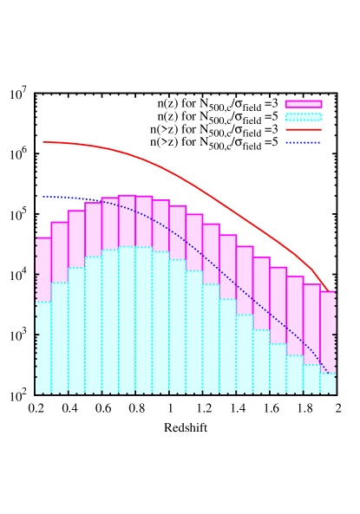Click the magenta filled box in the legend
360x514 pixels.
tap(303, 104)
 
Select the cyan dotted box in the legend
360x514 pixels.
tap(303, 117)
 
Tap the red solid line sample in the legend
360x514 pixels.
tap(303, 129)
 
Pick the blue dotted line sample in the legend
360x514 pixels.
tap(303, 142)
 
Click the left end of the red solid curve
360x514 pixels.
tap(43, 142)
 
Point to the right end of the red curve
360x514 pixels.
tap(329, 290)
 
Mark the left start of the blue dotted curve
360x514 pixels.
tap(43, 196)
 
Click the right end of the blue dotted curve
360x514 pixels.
tap(329, 373)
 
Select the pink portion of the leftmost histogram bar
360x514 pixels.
tap(43, 269)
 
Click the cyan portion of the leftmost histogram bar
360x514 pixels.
tap(43, 347)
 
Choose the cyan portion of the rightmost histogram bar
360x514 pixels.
tap(328, 383)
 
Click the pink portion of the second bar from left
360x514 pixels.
tap(60, 251)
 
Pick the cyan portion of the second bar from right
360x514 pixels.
tap(311, 379)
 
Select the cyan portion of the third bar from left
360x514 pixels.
tap(76, 329)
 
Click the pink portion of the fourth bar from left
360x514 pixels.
tap(94, 230)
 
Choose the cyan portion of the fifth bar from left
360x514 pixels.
tap(110, 321)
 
